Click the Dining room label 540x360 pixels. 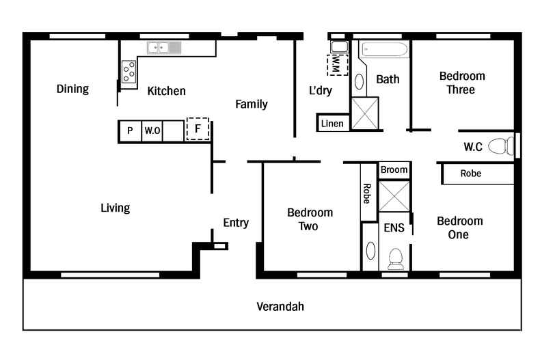(72, 89)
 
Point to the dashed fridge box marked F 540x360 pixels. (198, 128)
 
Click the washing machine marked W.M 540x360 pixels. (338, 65)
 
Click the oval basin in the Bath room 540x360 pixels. (360, 82)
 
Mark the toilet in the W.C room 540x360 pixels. (503, 146)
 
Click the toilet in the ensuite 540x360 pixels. (395, 259)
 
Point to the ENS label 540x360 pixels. (394, 227)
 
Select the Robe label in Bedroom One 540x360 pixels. (470, 174)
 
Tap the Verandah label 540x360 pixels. (280, 306)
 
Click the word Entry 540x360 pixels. (236, 223)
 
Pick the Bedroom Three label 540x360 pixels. (461, 83)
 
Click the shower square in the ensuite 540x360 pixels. (394, 196)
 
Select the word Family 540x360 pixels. (252, 105)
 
